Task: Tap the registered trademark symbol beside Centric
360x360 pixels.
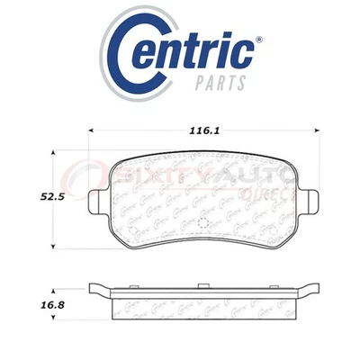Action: click(x=258, y=39)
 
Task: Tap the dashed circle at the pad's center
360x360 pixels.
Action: click(x=202, y=222)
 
